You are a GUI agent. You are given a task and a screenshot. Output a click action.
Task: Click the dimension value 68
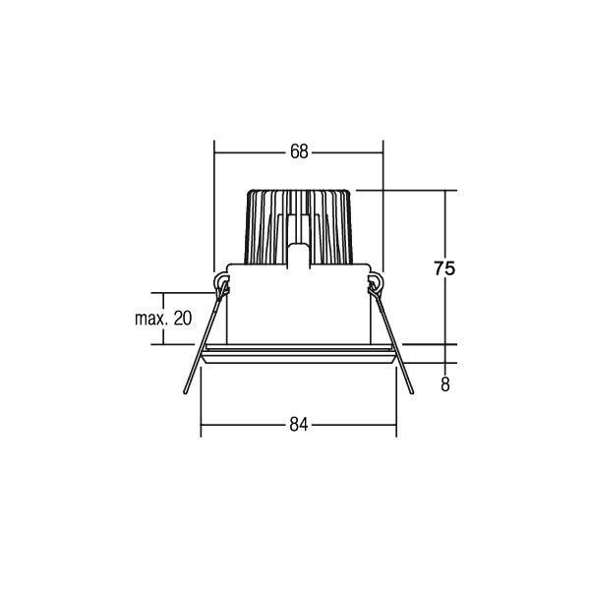pos(299,151)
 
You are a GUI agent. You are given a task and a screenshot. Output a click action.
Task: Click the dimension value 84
pos(299,425)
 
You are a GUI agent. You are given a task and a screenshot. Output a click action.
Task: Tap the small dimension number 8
pos(445,385)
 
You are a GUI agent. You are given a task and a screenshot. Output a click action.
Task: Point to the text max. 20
pos(163,318)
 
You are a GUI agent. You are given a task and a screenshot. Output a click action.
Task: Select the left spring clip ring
pos(221,286)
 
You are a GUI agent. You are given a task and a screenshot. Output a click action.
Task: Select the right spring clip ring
pos(375,286)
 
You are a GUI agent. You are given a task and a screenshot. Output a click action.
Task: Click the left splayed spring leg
pos(195,364)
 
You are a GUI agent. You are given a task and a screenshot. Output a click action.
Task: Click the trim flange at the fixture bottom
pos(299,355)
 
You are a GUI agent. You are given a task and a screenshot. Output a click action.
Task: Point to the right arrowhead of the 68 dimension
pos(379,151)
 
